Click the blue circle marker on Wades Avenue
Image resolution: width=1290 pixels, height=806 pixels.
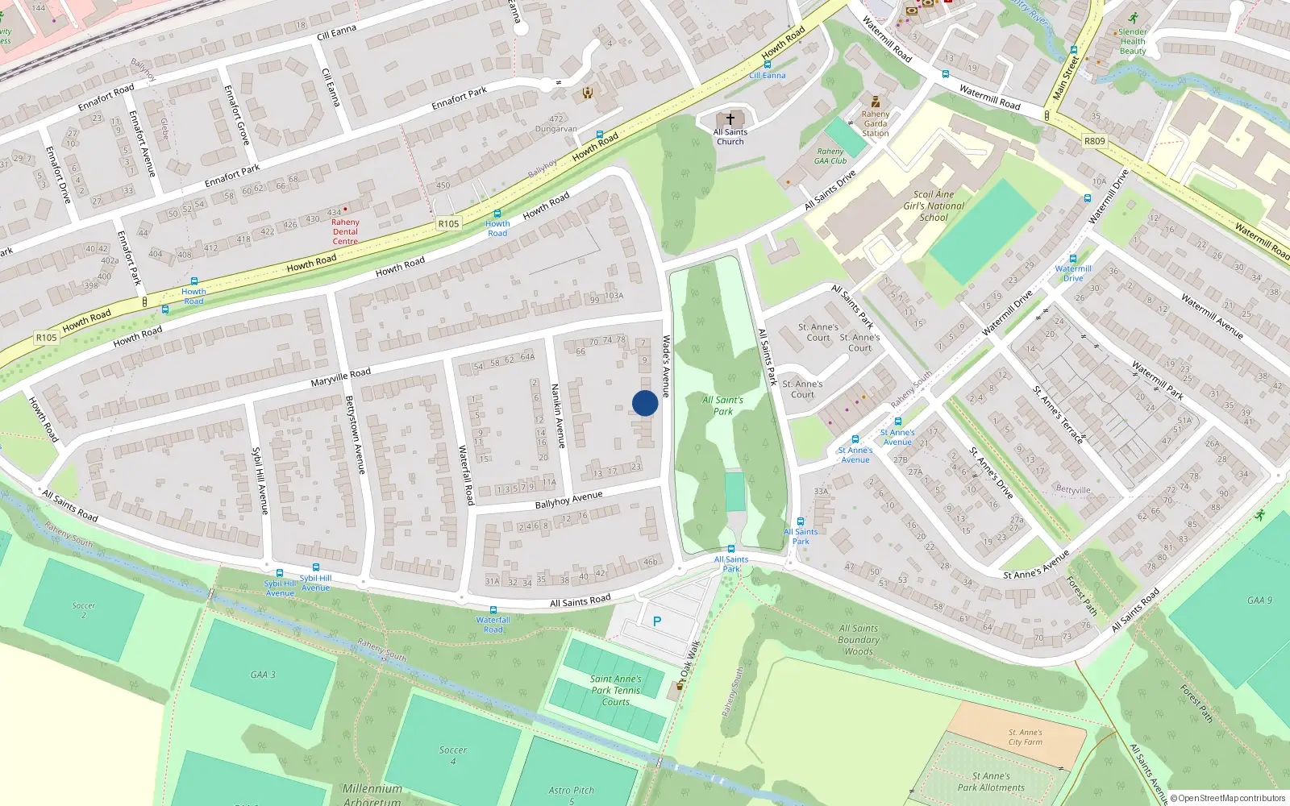click(645, 403)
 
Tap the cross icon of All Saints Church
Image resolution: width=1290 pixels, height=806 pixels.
click(730, 119)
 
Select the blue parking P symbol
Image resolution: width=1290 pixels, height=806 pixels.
click(657, 621)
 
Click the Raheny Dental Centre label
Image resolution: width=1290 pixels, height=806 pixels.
click(345, 231)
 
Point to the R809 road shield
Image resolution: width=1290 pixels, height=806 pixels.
click(1094, 141)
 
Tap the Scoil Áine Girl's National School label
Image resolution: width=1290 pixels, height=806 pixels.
click(934, 206)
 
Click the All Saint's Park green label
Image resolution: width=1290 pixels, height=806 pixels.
click(723, 405)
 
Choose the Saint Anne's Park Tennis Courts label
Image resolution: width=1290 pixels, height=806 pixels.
click(616, 691)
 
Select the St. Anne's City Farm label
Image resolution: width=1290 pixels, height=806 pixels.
click(1025, 737)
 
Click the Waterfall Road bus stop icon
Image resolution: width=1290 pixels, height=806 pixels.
click(493, 610)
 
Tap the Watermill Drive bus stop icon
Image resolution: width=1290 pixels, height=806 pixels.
click(1073, 260)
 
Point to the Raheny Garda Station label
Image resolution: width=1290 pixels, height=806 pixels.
click(876, 123)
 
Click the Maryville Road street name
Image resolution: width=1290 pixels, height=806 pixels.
click(341, 377)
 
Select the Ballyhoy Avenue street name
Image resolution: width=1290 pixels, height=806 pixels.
click(568, 500)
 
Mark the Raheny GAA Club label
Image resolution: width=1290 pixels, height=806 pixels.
click(830, 156)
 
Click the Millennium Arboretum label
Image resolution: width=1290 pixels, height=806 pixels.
click(372, 794)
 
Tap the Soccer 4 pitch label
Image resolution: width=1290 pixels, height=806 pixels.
click(453, 755)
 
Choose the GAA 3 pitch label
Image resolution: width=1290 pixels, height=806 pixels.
click(262, 675)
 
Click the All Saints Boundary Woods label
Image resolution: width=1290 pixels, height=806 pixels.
click(859, 640)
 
